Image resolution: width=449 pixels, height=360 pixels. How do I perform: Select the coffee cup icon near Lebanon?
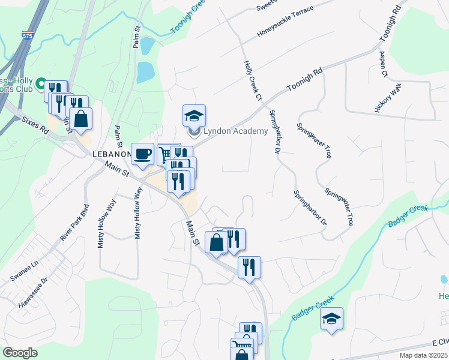142,154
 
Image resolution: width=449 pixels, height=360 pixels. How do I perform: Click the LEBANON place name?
112,154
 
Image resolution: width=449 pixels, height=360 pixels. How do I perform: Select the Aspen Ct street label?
384,62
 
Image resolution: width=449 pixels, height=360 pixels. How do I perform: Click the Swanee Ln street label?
24,272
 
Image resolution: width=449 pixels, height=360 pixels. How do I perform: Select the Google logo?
20,352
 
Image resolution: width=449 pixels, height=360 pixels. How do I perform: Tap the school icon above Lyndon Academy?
194,115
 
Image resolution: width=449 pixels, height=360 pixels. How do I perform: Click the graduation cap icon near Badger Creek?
331,319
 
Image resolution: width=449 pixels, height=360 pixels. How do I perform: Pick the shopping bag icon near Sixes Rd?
81,118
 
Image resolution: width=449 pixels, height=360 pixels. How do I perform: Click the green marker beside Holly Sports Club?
41,83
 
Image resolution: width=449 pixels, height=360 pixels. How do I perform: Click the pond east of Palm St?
145,73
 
